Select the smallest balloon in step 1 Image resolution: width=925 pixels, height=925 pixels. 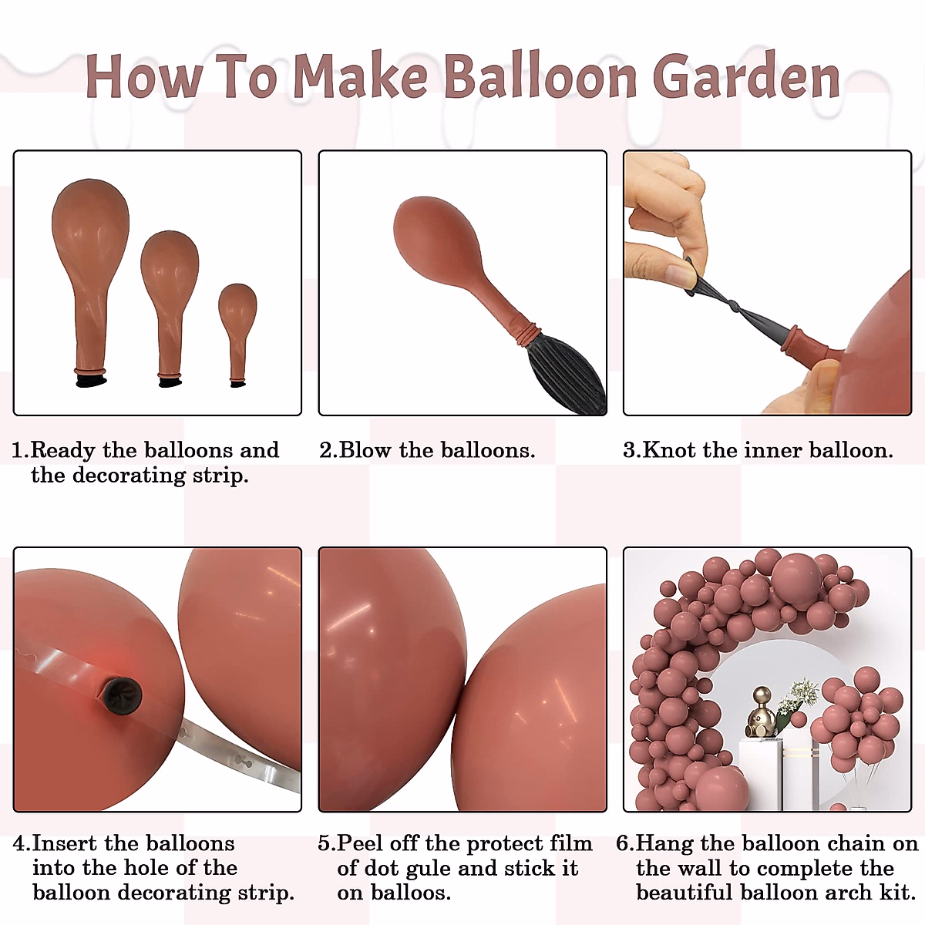(x=237, y=335)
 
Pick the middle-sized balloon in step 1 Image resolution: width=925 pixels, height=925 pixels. (x=170, y=308)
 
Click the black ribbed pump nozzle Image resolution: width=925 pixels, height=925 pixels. (x=567, y=373)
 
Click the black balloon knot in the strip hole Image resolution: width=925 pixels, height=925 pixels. (x=123, y=695)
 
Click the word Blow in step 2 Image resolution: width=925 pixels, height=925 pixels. (x=365, y=450)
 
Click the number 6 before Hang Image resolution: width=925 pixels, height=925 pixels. (x=623, y=844)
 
